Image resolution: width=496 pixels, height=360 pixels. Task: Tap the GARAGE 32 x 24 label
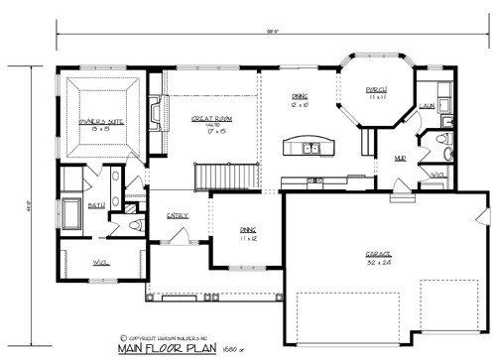point(379,258)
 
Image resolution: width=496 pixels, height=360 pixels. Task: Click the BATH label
point(96,205)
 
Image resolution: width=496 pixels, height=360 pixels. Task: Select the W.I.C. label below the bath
point(99,263)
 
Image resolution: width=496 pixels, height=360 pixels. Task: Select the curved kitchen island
point(308,147)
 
